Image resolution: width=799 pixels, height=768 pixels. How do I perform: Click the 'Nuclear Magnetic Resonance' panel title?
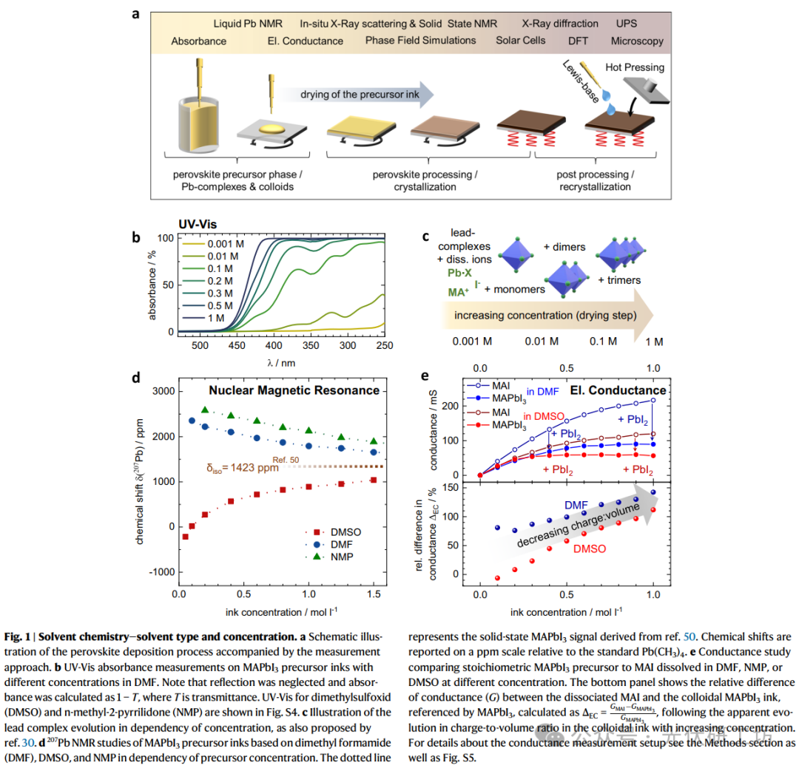tap(294, 390)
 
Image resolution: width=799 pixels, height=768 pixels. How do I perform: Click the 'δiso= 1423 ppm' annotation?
tap(243, 467)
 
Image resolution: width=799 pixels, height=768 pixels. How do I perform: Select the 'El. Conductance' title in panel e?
tap(618, 390)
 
